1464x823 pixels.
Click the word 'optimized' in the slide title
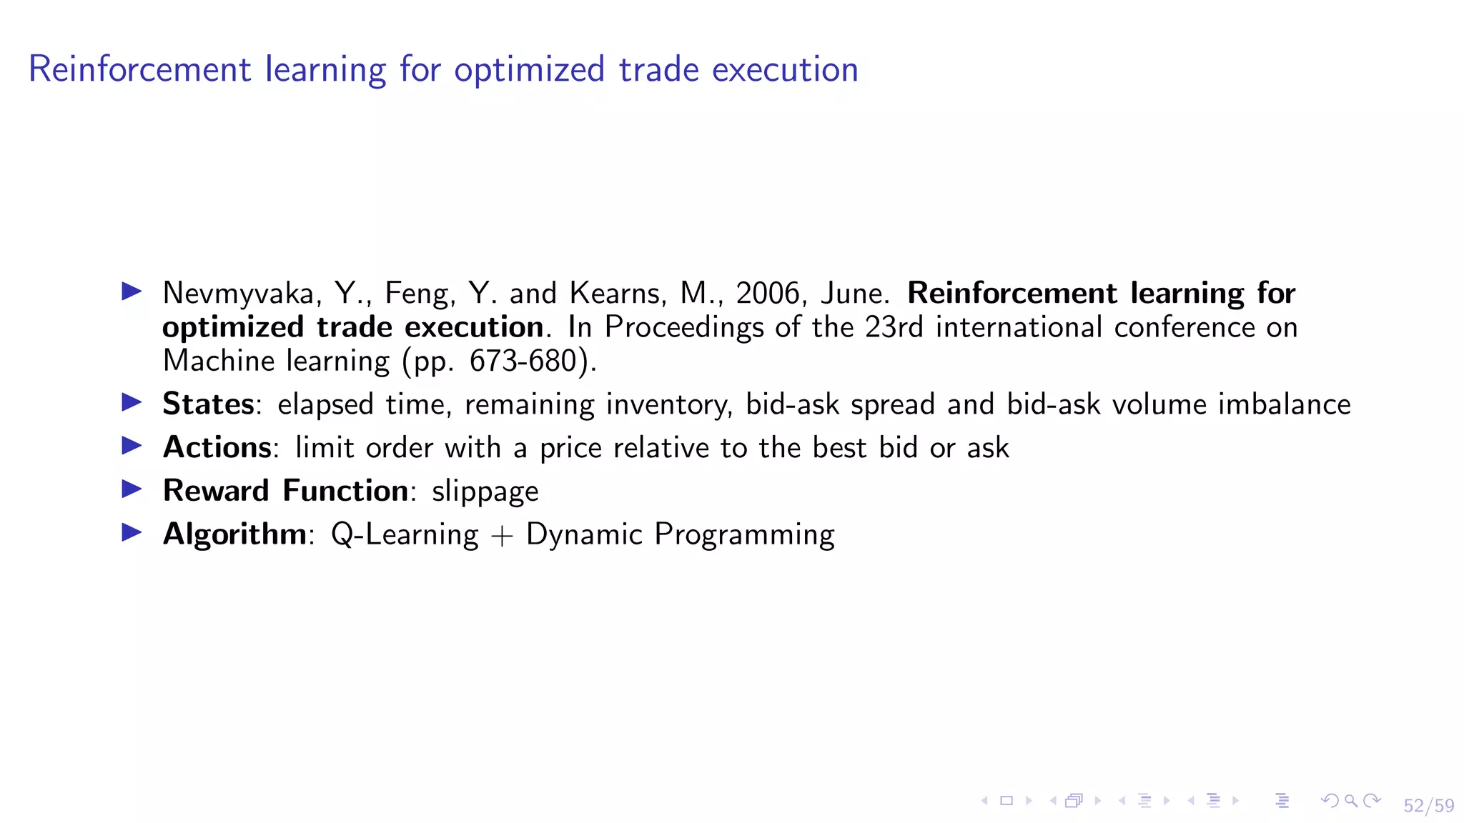[x=529, y=70]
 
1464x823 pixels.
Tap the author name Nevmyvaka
[x=238, y=294]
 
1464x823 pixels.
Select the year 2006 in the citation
[x=767, y=294]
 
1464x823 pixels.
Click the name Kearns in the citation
[x=614, y=294]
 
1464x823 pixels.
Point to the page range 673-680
[x=523, y=361]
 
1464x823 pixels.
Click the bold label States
[x=208, y=404]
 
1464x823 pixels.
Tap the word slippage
[x=485, y=492]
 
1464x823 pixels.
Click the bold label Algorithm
[x=234, y=534]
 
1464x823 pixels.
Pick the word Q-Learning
[x=405, y=534]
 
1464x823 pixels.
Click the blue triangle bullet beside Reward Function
[x=132, y=489]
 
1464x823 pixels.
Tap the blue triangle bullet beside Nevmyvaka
[x=132, y=291]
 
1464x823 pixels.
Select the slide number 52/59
[x=1428, y=806]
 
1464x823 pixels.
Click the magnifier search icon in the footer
[x=1350, y=801]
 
